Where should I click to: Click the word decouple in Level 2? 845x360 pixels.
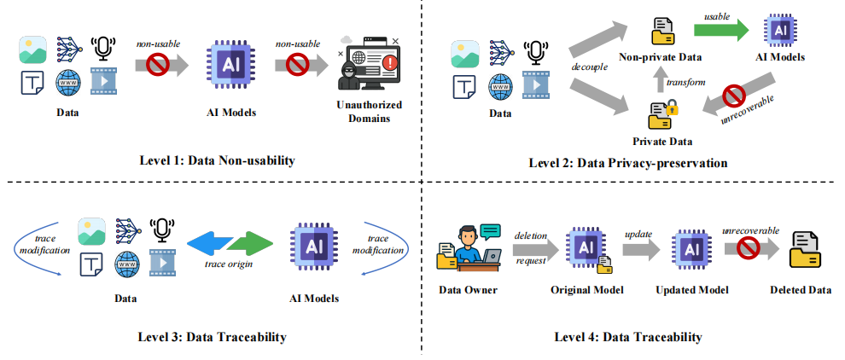point(588,67)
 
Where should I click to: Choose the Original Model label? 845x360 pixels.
point(587,290)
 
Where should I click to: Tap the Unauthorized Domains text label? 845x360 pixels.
point(368,112)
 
